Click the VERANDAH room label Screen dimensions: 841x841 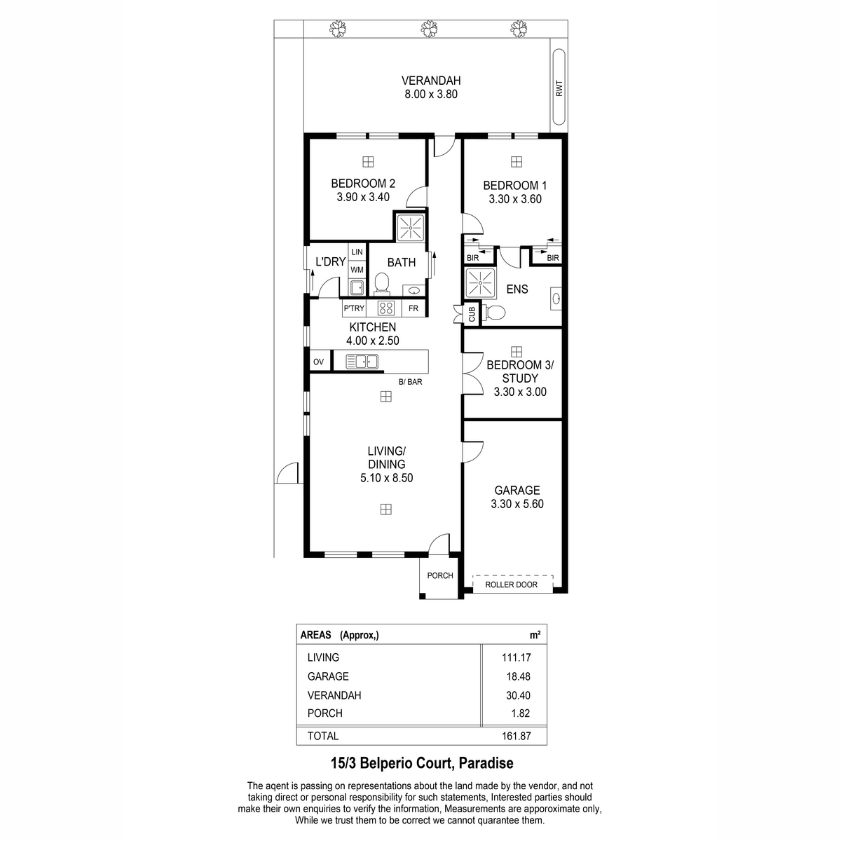pyautogui.click(x=431, y=81)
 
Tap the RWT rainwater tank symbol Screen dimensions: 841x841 pyautogui.click(x=559, y=88)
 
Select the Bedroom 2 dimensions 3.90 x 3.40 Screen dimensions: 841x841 pyautogui.click(x=362, y=197)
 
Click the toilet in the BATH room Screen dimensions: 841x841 pyautogui.click(x=382, y=283)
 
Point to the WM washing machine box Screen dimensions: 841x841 pyautogui.click(x=357, y=270)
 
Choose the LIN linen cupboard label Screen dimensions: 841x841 pyautogui.click(x=357, y=252)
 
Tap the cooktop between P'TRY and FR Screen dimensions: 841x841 pyautogui.click(x=385, y=308)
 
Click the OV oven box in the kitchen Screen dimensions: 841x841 pyautogui.click(x=319, y=362)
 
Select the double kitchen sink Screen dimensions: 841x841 pyautogui.click(x=362, y=362)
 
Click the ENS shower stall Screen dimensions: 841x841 pyautogui.click(x=481, y=283)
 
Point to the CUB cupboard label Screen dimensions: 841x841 pyautogui.click(x=472, y=314)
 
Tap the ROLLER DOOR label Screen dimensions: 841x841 pyautogui.click(x=511, y=584)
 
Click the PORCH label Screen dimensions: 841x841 pyautogui.click(x=440, y=575)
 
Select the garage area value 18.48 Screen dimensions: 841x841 pyautogui.click(x=518, y=676)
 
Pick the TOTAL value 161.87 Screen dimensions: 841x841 pyautogui.click(x=517, y=736)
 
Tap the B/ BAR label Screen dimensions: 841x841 pyautogui.click(x=410, y=382)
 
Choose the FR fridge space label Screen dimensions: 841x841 pyautogui.click(x=413, y=308)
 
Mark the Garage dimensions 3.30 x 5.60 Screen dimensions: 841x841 pyautogui.click(x=517, y=504)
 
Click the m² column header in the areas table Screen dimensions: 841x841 pyautogui.click(x=535, y=635)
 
